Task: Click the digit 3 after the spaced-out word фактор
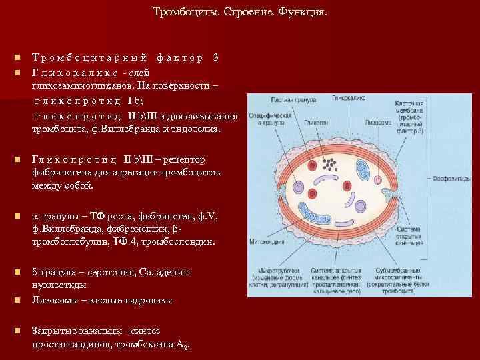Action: pos(215,57)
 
